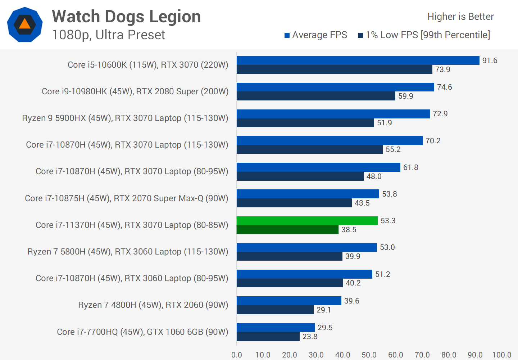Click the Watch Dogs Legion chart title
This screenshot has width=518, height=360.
pyautogui.click(x=126, y=17)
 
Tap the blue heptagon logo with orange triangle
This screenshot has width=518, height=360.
pyautogui.click(x=24, y=24)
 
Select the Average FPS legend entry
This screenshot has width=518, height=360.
pyautogui.click(x=315, y=35)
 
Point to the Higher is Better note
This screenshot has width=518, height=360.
pyautogui.click(x=460, y=17)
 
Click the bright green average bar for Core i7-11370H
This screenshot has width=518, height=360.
pyautogui.click(x=307, y=221)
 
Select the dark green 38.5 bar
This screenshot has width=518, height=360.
pyautogui.click(x=287, y=230)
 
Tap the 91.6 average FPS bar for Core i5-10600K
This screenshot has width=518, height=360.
pyautogui.click(x=358, y=60)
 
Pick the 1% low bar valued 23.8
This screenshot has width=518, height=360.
pyautogui.click(x=268, y=337)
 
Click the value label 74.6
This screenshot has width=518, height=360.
pyautogui.click(x=444, y=87)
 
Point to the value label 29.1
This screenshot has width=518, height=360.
pyautogui.click(x=324, y=310)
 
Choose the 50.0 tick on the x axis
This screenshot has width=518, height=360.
pyautogui.click(x=369, y=355)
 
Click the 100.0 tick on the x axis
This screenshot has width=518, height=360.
pyautogui.click(x=501, y=355)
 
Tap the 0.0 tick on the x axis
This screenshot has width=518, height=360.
pyautogui.click(x=237, y=355)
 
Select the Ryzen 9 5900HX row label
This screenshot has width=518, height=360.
pyautogui.click(x=125, y=118)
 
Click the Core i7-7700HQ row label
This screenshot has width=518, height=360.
pyautogui.click(x=142, y=332)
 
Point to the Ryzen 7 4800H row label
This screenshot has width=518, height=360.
pyautogui.click(x=153, y=305)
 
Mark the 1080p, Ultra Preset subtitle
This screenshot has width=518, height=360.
pyautogui.click(x=108, y=35)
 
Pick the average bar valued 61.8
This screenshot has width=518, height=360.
pyautogui.click(x=318, y=167)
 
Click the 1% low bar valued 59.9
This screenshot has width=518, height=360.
pyautogui.click(x=316, y=96)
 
